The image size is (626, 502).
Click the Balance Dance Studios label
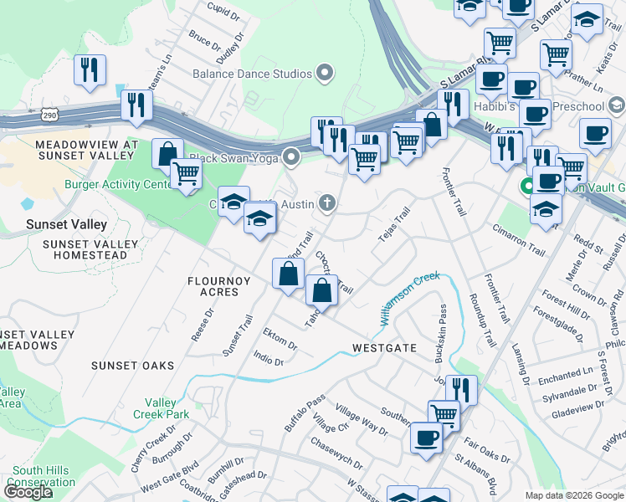pos(252,74)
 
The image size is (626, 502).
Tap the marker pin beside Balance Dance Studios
pos(325,74)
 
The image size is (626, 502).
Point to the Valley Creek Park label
pos(161,408)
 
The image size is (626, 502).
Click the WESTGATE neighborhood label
pos(384,347)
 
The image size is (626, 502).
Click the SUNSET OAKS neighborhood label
pos(133,366)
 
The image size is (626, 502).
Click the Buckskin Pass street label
pos(440,332)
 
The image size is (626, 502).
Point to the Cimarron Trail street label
pos(519,240)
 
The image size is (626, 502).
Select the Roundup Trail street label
pos(484,321)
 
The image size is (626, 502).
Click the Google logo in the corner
pos(28,492)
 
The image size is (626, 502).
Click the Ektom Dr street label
pos(280,338)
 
